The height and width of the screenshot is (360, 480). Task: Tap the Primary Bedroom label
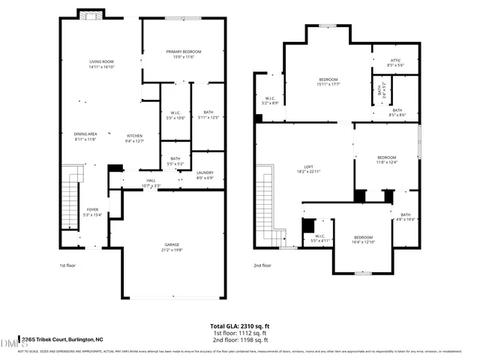184,54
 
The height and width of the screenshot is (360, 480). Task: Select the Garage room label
172,247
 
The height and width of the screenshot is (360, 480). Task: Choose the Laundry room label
205,175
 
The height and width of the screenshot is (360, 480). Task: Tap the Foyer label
92,212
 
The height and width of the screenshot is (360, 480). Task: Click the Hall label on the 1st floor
151,183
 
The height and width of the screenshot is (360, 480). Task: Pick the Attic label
395,63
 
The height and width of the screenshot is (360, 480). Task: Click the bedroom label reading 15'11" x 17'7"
328,82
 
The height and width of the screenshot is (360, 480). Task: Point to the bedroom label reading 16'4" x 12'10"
363,239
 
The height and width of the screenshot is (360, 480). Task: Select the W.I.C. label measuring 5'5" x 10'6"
175,115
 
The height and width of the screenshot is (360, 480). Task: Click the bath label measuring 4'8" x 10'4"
405,217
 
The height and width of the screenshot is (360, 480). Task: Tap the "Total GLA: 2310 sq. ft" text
240,326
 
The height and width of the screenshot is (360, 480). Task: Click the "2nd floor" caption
262,265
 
